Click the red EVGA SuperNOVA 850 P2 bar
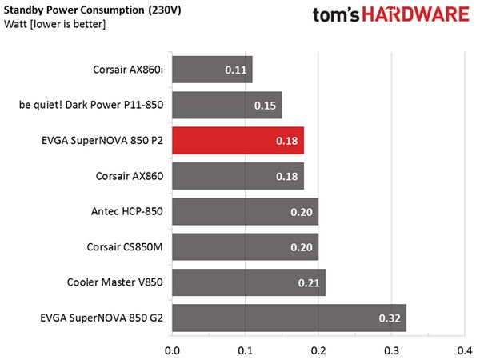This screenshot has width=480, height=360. tap(238, 141)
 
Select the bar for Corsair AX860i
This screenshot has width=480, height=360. tap(212, 70)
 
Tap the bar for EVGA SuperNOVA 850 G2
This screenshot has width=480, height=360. tap(290, 318)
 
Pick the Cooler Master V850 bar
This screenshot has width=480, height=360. tap(249, 282)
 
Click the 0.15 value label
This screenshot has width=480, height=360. tap(265, 106)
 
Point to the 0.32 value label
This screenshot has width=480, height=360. tap(390, 318)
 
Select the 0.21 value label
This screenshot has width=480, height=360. tap(309, 283)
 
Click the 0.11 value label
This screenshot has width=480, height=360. tap(236, 70)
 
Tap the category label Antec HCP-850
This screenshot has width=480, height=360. tap(127, 211)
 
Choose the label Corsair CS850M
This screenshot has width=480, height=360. tap(125, 247)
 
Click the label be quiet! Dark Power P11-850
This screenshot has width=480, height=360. tap(91, 105)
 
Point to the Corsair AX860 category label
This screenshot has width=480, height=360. tap(130, 176)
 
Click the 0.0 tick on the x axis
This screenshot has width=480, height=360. tap(172, 351)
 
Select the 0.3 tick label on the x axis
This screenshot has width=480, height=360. tap(391, 351)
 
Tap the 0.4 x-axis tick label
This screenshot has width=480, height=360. tap(465, 351)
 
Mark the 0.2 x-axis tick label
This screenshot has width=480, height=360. tap(318, 351)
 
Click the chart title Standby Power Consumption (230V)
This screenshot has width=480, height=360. tap(93, 10)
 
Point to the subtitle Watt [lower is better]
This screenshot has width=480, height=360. tap(54, 24)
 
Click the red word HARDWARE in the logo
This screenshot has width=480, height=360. tap(415, 14)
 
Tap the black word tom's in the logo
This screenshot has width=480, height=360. tap(336, 14)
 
